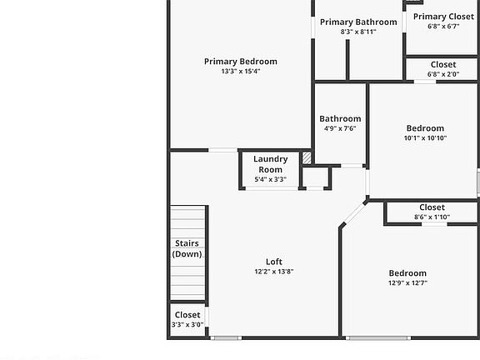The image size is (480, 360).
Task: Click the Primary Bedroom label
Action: (241, 61)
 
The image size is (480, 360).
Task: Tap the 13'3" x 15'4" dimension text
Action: (241, 72)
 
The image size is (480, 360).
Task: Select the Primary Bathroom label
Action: (358, 22)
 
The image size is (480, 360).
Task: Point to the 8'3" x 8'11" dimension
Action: (358, 32)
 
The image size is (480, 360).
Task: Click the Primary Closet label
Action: (443, 16)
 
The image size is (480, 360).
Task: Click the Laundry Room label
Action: (271, 164)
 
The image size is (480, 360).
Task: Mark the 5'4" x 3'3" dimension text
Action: (271, 179)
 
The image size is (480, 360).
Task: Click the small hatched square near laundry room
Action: (307, 157)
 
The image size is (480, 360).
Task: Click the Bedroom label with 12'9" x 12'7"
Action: (407, 272)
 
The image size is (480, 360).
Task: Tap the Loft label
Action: (274, 261)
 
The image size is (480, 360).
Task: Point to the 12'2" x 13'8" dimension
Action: (274, 272)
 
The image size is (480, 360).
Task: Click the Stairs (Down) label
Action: (187, 248)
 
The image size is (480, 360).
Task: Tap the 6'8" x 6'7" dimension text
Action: (443, 26)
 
